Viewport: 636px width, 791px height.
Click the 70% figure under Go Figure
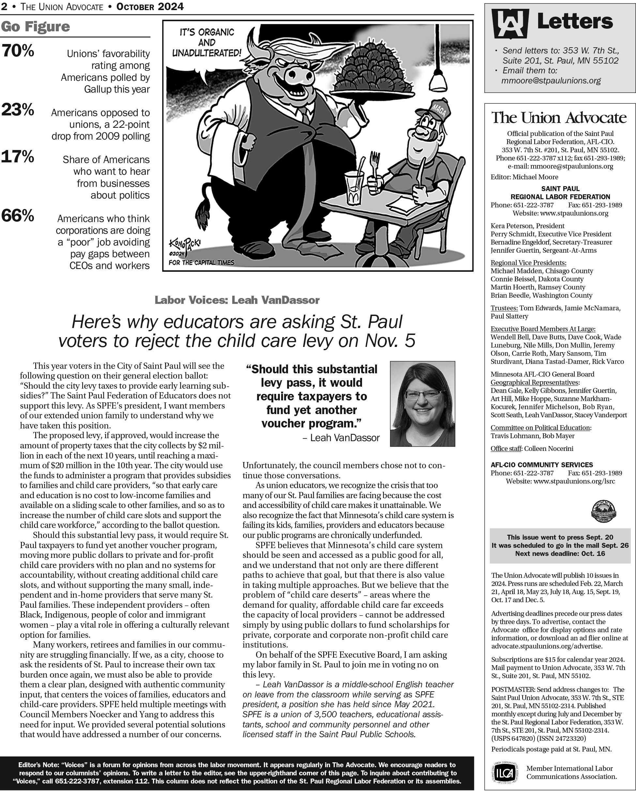(18, 51)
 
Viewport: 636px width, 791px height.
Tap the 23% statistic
(18, 110)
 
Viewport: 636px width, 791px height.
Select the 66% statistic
(18, 216)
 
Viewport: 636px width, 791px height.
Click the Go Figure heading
(35, 26)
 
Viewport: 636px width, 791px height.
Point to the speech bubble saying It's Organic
(206, 43)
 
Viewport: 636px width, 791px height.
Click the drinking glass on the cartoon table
(354, 187)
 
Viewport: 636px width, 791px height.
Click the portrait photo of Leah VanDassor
(422, 404)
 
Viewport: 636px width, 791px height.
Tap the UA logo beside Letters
(510, 23)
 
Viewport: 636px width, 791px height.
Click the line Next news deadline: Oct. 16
(560, 553)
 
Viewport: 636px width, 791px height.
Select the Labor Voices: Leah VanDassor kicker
(237, 300)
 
